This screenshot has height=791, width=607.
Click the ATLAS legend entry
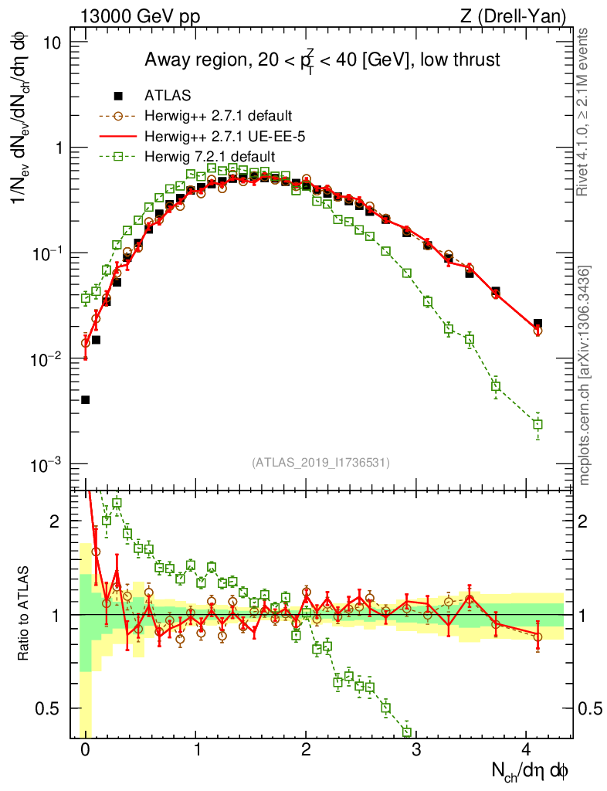(x=168, y=96)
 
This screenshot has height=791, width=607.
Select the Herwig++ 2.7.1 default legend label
(x=218, y=117)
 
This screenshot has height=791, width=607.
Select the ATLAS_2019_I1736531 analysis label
(x=320, y=463)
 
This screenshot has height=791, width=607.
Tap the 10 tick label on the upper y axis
(x=53, y=42)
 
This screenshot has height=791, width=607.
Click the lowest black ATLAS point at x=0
(x=85, y=399)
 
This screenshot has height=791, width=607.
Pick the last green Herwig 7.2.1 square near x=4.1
(x=537, y=424)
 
